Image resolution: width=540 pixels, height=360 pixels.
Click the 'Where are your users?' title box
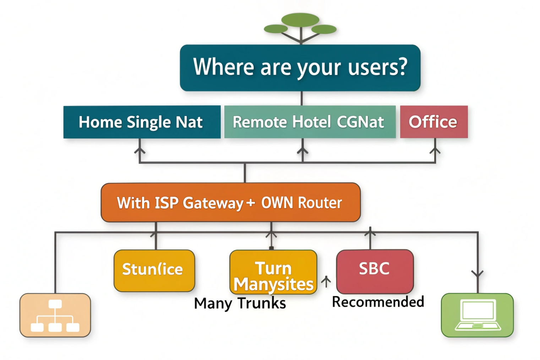click(x=300, y=67)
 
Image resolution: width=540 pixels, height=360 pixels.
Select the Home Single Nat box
click(x=141, y=122)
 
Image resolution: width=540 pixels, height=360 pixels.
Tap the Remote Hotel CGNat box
click(x=309, y=122)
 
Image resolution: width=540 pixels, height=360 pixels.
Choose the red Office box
click(x=433, y=122)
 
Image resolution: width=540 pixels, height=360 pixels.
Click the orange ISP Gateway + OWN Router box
click(x=230, y=202)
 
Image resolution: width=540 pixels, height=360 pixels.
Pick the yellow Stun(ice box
click(x=154, y=270)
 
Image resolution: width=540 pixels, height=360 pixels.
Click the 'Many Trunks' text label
click(x=240, y=304)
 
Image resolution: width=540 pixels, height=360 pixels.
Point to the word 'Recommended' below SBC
click(x=378, y=302)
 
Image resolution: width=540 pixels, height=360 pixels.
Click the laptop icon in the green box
click(x=477, y=315)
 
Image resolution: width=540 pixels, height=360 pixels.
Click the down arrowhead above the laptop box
click(x=478, y=274)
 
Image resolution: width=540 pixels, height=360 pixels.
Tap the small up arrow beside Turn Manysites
click(x=326, y=282)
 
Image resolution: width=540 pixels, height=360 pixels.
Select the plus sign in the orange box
click(x=250, y=202)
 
